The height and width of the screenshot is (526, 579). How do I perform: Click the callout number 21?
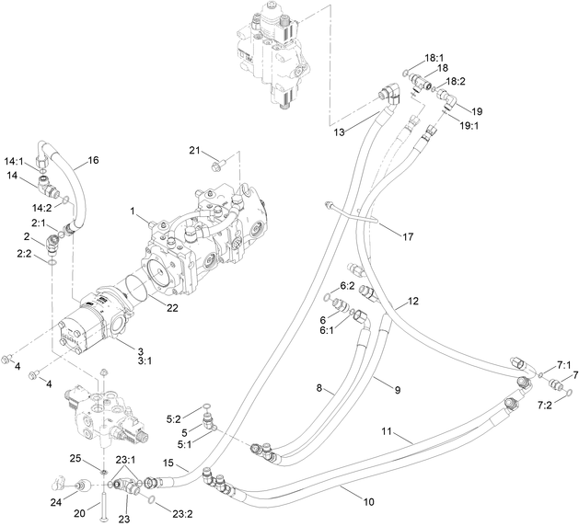pos(193,150)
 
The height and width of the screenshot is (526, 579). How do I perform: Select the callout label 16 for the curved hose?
pos(93,160)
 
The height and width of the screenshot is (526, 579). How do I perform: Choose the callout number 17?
pos(407,237)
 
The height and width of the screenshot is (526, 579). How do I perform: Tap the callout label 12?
pos(413,301)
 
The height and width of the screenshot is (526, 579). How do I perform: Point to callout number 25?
pos(76,458)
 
